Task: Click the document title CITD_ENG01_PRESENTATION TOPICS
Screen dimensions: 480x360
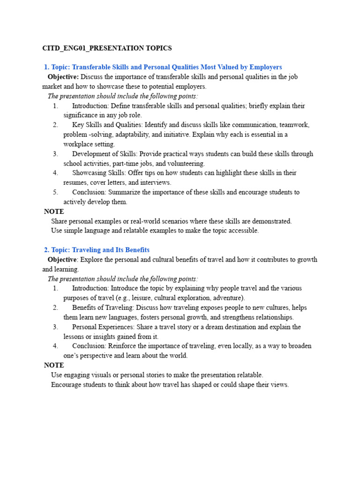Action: click(107, 48)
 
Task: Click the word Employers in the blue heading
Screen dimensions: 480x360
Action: click(265, 67)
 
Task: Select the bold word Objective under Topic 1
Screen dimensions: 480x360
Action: click(63, 77)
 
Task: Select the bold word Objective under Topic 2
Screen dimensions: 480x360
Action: click(62, 260)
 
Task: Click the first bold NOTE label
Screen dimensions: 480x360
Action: click(54, 212)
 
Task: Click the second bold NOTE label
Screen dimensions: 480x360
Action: click(54, 365)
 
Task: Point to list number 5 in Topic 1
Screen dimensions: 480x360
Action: click(55, 192)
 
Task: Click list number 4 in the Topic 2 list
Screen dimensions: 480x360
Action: click(55, 346)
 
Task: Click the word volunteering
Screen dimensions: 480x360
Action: click(186, 164)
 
